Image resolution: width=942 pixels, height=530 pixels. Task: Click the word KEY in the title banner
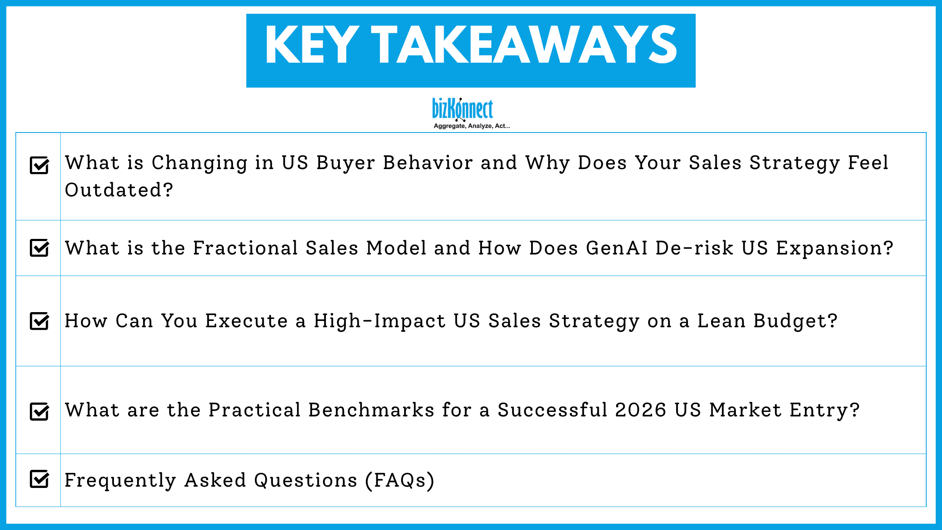312,45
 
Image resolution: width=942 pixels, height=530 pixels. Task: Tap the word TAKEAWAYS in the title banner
524,45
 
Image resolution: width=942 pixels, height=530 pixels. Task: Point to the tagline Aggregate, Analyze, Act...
471,126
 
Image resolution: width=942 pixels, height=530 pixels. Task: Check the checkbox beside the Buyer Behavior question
40,165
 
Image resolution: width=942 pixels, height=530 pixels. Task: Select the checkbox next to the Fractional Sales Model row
40,248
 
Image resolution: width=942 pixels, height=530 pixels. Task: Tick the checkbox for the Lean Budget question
40,321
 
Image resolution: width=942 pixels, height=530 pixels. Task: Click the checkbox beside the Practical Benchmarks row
40,411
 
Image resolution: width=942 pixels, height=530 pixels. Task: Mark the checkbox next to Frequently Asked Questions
40,479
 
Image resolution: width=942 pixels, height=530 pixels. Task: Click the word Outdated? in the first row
119,190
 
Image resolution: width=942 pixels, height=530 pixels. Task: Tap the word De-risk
694,248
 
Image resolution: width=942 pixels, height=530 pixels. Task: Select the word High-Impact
379,321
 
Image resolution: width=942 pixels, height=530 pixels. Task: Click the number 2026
640,410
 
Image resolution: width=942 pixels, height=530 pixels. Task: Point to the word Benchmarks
371,410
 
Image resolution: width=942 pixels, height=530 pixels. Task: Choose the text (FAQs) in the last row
400,480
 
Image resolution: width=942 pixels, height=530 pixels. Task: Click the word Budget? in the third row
795,321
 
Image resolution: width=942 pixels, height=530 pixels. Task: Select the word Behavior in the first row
428,163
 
